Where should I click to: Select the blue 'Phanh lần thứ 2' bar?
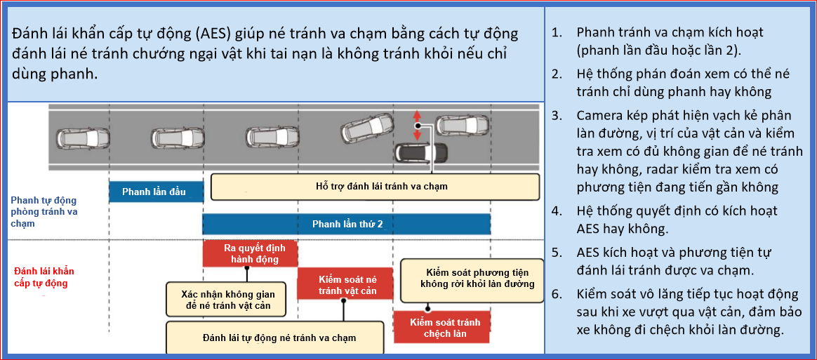(x=347, y=225)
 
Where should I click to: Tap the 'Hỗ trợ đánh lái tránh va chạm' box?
(x=375, y=187)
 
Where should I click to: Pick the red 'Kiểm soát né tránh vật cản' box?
(x=344, y=284)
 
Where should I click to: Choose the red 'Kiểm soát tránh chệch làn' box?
(x=441, y=327)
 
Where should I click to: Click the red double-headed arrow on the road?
(x=416, y=124)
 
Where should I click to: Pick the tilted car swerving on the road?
(x=368, y=128)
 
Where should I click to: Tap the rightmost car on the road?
(x=462, y=126)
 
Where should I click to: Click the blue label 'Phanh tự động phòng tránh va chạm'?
(x=44, y=211)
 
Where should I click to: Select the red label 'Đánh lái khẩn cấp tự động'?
(x=44, y=277)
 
